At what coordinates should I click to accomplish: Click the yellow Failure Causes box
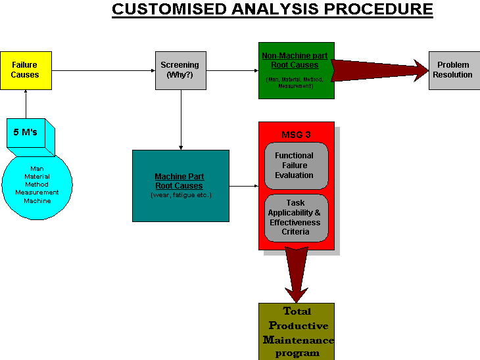[x=26, y=70]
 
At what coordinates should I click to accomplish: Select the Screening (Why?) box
[x=180, y=70]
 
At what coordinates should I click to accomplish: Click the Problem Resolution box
[x=453, y=70]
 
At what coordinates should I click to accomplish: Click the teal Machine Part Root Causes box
[x=180, y=185]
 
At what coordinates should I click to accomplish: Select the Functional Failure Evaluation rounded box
[x=295, y=166]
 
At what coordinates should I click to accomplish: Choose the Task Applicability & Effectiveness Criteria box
[x=295, y=217]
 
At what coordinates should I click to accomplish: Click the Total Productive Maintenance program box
[x=297, y=331]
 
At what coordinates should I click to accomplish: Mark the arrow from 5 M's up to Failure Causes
[x=26, y=103]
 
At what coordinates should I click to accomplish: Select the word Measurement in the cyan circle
[x=37, y=192]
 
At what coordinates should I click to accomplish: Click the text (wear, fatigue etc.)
[x=181, y=195]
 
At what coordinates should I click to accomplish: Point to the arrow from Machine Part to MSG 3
[x=243, y=186]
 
